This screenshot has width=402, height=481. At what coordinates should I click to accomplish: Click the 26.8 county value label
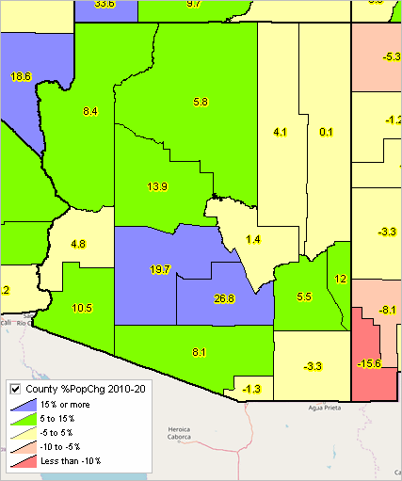pos(223,299)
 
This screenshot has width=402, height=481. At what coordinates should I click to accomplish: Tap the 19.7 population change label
pos(160,270)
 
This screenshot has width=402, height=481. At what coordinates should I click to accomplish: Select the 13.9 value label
pos(156,187)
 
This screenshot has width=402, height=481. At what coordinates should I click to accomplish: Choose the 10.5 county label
pos(82,308)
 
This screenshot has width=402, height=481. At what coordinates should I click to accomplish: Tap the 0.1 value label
pos(327,133)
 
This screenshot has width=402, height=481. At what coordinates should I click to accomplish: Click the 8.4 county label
pos(90,112)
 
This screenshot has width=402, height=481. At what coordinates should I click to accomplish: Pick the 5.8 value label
pos(200,101)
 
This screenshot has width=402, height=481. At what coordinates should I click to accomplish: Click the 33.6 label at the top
pos(105,5)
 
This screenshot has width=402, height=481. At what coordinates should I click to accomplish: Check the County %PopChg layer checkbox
pos(14,389)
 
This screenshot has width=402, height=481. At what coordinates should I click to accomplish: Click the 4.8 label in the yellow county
pos(78,244)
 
